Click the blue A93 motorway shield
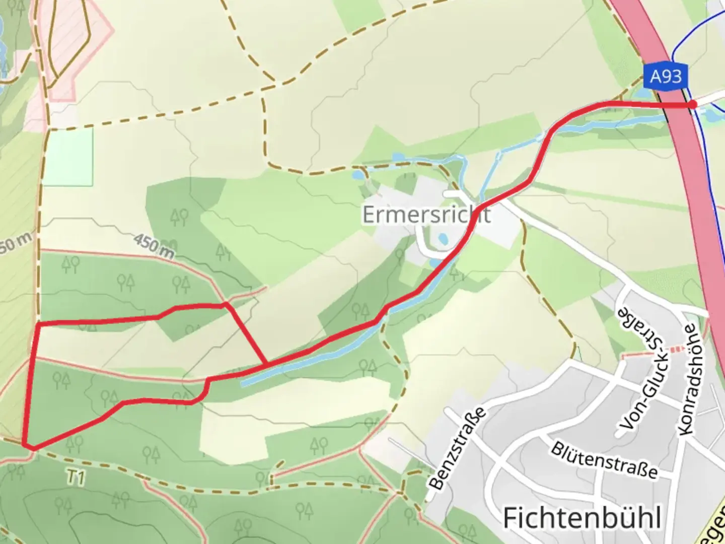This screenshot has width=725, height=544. [666, 77]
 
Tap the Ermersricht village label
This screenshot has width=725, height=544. [426, 215]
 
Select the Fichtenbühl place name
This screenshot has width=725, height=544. [582, 517]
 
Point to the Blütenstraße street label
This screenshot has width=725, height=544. [604, 460]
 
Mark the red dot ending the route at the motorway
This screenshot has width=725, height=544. [693, 104]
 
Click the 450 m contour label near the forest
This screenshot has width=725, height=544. [154, 246]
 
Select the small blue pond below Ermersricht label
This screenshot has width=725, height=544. [443, 238]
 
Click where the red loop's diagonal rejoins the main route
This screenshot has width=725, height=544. [267, 364]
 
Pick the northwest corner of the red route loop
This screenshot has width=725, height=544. [38, 325]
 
